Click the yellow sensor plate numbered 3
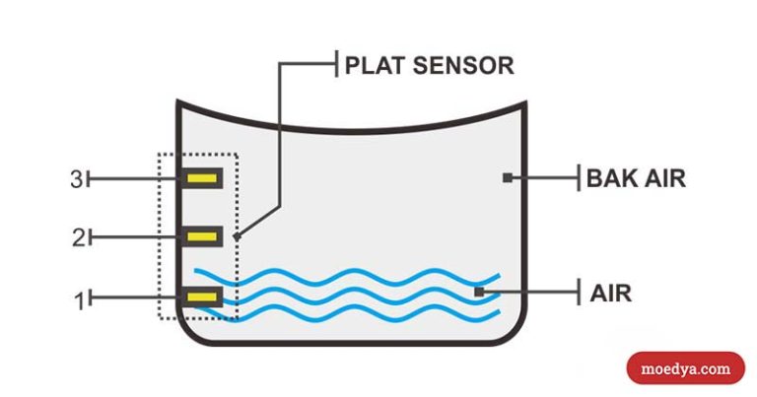[x=203, y=178]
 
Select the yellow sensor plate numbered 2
[x=203, y=236]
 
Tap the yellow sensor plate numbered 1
[x=203, y=296]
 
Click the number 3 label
[x=76, y=179]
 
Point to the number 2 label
[x=76, y=237]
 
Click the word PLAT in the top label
[x=372, y=66]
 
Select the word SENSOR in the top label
[x=461, y=66]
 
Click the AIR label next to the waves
[x=610, y=293]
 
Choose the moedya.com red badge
[x=686, y=368]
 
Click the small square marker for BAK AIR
[x=508, y=178]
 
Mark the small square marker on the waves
[x=479, y=291]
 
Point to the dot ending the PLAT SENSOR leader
[x=237, y=236]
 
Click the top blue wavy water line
[x=345, y=276]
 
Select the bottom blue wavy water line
[x=345, y=313]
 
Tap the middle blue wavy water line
[x=345, y=295]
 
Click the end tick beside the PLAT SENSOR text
[x=336, y=65]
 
